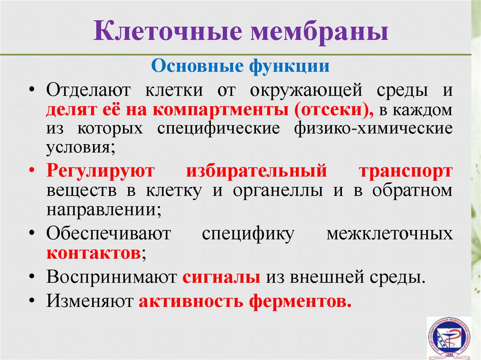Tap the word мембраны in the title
click(319, 32)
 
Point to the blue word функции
click(289, 66)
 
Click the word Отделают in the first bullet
click(89, 91)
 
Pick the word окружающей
click(306, 91)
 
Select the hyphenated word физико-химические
click(373, 129)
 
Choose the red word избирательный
click(256, 171)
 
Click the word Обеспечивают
click(109, 233)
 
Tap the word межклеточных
click(389, 234)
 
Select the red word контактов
click(93, 253)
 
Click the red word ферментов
click(300, 301)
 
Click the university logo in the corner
click(449, 338)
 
